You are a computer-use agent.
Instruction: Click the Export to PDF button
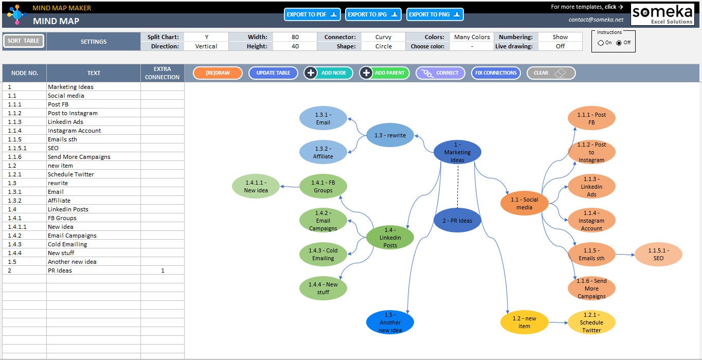tap(312, 14)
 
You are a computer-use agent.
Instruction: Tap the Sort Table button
tap(24, 41)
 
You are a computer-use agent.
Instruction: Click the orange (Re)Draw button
tap(218, 73)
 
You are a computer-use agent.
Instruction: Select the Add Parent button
tap(384, 73)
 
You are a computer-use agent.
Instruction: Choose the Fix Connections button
tap(496, 73)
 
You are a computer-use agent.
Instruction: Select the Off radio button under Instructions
tap(619, 43)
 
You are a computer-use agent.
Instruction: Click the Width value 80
tap(295, 37)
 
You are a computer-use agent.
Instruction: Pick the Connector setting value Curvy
tap(383, 37)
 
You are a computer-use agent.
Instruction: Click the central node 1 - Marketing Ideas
tap(457, 152)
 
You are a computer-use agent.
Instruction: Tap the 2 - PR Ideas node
tap(457, 221)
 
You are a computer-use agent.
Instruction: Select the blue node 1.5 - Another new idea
tap(390, 322)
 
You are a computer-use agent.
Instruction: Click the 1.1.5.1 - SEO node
tap(658, 255)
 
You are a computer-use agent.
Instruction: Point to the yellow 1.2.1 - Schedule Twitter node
tap(591, 322)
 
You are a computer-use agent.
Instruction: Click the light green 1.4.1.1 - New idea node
tap(256, 186)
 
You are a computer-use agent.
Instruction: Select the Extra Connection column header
tap(163, 73)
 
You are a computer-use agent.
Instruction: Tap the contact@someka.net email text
tap(596, 20)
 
